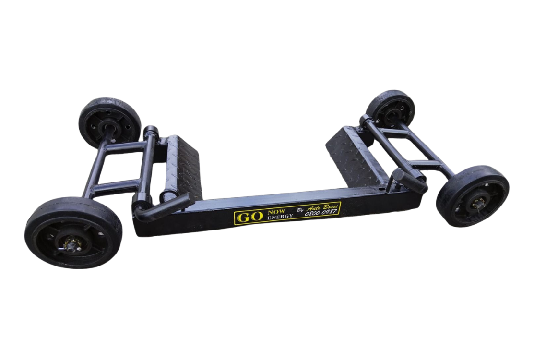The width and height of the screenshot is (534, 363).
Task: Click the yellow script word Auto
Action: point(315,207)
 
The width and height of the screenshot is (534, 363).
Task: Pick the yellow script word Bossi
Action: point(332,206)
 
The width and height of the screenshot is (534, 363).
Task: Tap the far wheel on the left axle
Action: point(109,123)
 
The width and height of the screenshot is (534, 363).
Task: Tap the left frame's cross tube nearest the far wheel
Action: point(124,147)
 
